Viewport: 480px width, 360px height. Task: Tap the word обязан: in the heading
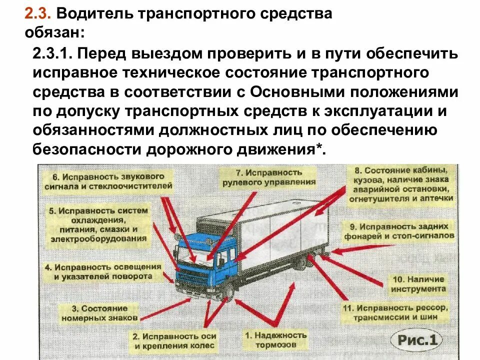point(55,33)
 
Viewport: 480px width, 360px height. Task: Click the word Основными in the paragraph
point(297,92)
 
